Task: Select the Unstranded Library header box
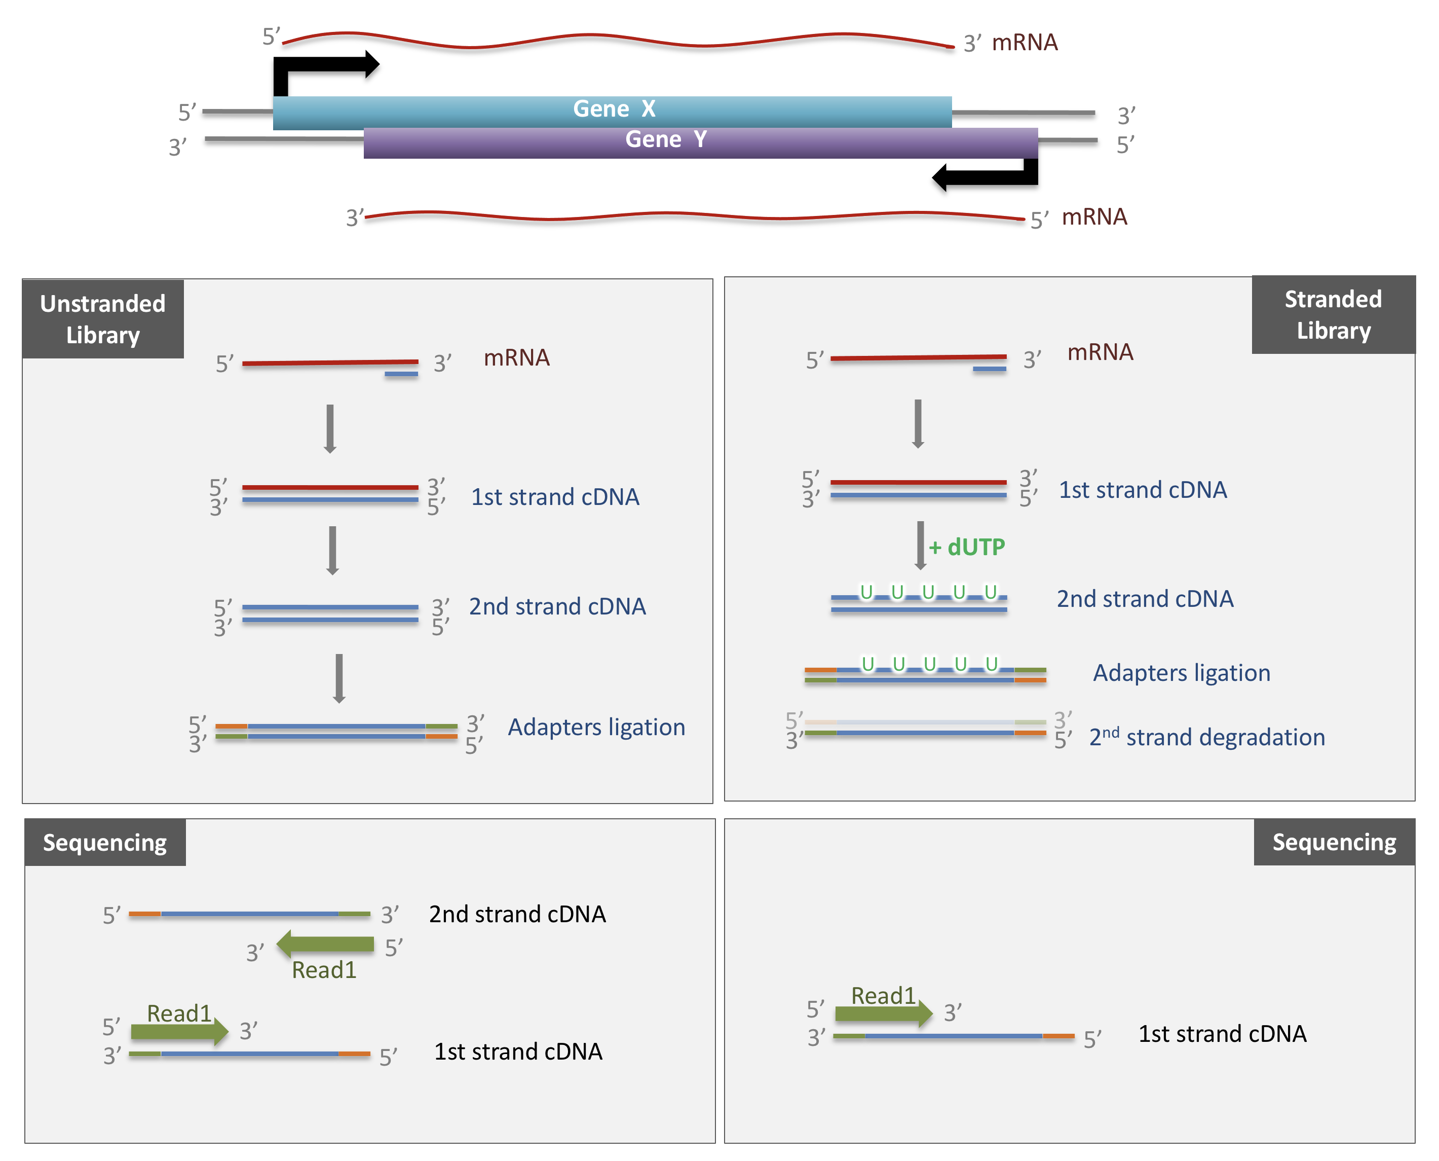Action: [x=103, y=319]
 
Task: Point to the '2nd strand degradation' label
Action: [x=1206, y=737]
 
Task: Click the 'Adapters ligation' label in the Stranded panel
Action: [x=1181, y=673]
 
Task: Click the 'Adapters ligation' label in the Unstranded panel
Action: [x=596, y=727]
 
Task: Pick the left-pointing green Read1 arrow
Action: [x=325, y=944]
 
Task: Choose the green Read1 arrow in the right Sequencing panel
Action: [x=883, y=1013]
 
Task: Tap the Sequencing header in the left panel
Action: [x=105, y=843]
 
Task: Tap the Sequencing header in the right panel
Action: [x=1334, y=842]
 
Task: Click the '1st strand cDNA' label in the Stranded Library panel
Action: [x=1142, y=490]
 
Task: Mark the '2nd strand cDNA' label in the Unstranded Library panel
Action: [x=557, y=606]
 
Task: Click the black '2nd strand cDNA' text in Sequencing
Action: [x=517, y=914]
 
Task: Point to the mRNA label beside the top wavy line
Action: [x=1024, y=43]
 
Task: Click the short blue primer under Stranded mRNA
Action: [x=989, y=369]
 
